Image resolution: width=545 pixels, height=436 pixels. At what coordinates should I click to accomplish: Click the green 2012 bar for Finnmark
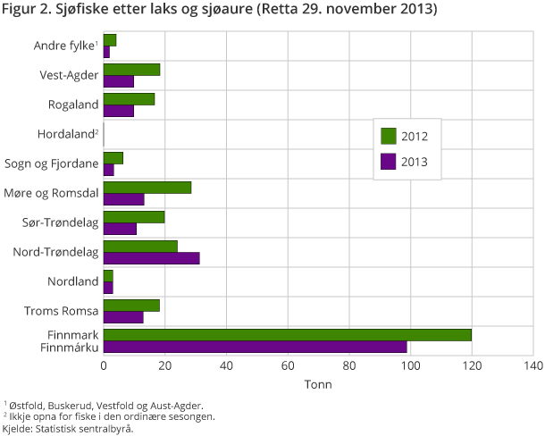tap(287, 335)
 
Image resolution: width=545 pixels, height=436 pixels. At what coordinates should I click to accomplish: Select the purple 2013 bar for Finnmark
tap(255, 347)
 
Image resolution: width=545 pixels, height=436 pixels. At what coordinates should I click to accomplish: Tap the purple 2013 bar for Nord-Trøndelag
tap(151, 258)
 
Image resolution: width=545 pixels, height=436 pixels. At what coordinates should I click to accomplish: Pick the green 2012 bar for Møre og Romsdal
tap(147, 188)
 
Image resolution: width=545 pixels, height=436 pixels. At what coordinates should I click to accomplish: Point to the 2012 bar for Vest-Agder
tap(131, 70)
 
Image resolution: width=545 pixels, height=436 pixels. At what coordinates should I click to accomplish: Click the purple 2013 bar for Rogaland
tap(119, 111)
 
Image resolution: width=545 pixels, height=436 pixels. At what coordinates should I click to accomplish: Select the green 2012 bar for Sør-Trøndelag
tap(134, 217)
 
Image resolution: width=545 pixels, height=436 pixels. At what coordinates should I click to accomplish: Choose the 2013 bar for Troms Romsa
tap(123, 317)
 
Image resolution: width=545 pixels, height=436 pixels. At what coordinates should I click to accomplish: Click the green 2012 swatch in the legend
tap(389, 136)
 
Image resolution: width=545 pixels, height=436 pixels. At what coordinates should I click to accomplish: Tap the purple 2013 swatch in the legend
tap(389, 162)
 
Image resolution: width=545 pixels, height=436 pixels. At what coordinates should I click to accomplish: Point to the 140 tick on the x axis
tap(532, 366)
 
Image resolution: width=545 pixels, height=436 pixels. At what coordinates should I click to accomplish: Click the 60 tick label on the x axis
tap(288, 366)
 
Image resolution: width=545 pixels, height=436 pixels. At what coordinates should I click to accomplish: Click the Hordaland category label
tap(67, 134)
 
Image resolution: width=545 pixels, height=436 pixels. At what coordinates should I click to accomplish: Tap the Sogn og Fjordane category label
tap(52, 163)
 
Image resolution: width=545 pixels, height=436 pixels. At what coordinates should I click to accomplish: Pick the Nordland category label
tap(73, 281)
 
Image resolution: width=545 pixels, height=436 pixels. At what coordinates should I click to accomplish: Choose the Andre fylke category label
tap(65, 46)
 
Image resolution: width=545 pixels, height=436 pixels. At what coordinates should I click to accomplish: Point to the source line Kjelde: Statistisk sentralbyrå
tap(67, 429)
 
